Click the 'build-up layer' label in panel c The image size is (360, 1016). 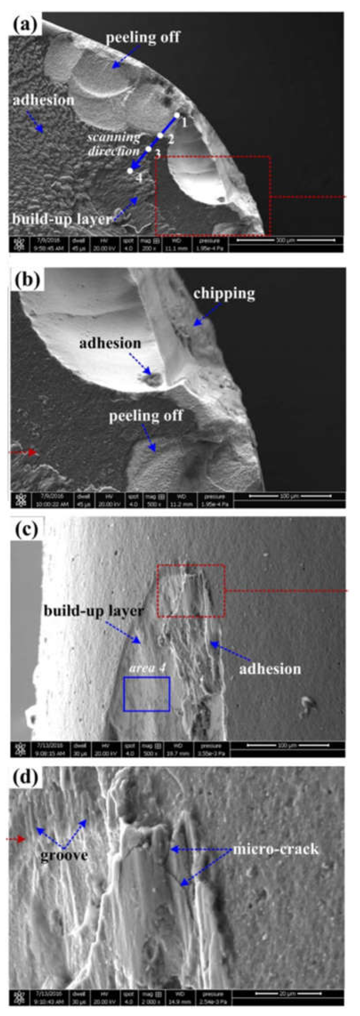tap(93, 611)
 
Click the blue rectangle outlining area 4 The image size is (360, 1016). tap(147, 694)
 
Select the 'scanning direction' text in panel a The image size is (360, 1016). tap(114, 144)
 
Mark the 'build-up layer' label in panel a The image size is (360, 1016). tap(62, 219)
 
